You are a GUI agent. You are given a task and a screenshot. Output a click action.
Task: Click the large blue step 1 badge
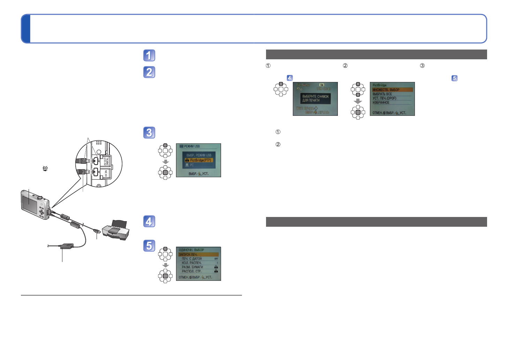click(149, 55)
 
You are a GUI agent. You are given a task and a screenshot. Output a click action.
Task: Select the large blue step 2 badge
click(149, 72)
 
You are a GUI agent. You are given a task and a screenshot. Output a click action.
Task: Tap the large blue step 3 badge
click(149, 133)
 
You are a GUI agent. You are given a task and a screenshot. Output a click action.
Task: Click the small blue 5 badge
click(454, 78)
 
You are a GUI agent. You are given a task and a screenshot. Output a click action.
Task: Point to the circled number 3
click(422, 66)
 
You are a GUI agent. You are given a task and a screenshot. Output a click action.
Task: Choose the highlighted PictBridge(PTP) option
click(199, 160)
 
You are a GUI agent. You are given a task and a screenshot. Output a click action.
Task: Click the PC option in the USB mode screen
click(192, 165)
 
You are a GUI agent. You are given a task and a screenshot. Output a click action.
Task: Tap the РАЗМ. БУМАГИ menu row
click(192, 267)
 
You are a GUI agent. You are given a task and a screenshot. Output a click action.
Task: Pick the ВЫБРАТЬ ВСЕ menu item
click(382, 94)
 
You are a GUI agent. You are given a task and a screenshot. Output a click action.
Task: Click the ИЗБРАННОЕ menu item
click(381, 103)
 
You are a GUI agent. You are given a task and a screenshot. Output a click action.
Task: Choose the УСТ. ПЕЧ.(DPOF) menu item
click(385, 98)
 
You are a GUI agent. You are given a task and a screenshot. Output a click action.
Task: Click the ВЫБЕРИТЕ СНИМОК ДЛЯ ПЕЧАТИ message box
click(316, 98)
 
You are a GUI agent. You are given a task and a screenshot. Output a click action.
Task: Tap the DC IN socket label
click(106, 173)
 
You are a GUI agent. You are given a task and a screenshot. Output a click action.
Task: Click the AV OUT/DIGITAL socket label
click(106, 161)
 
